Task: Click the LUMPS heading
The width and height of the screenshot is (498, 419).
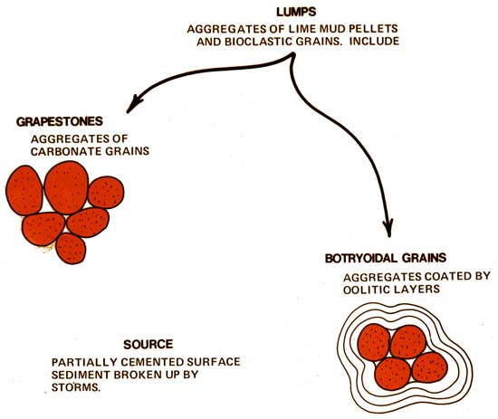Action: click(x=296, y=12)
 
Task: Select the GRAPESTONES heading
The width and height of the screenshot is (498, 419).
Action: click(x=60, y=121)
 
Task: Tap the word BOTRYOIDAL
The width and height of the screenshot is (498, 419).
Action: click(x=360, y=258)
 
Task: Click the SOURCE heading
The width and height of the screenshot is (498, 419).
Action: click(x=148, y=345)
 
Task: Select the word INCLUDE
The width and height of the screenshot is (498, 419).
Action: click(x=375, y=42)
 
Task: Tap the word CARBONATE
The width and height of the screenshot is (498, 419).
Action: click(x=66, y=151)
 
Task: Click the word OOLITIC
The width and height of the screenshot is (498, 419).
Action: click(x=366, y=290)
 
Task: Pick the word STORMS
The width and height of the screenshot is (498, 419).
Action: click(x=75, y=387)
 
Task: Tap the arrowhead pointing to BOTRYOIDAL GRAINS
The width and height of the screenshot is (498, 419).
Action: click(x=388, y=228)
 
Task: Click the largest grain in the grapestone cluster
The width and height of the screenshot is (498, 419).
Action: click(x=66, y=187)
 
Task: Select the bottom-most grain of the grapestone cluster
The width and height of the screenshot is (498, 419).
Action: click(x=71, y=249)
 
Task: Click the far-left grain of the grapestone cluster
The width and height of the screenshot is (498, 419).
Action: click(x=24, y=190)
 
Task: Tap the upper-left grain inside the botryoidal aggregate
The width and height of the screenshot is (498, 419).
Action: click(x=374, y=343)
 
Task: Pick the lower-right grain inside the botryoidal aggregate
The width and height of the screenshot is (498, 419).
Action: click(x=430, y=367)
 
